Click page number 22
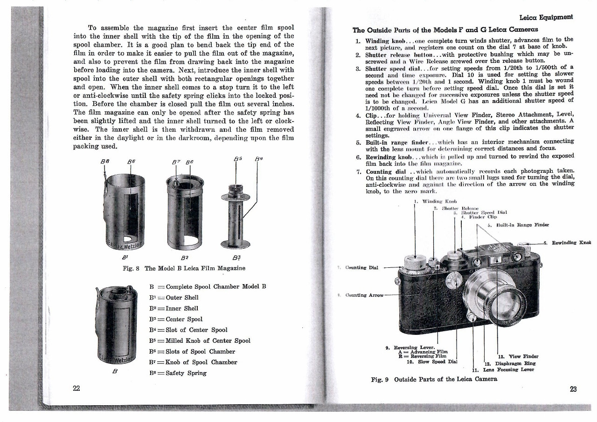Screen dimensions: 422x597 coord(76,389)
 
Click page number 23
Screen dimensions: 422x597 coord(573,390)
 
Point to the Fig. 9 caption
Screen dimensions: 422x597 coord(434,379)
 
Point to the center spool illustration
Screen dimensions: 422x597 coord(237,210)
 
